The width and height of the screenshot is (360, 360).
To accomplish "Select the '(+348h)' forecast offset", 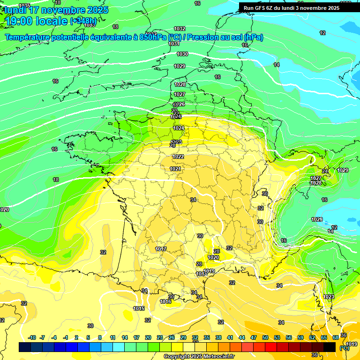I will [83, 22].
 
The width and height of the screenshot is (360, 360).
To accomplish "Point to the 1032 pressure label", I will [180, 29].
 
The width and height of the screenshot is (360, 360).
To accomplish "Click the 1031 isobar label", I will [174, 44].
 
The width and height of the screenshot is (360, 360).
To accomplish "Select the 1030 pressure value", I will [182, 54].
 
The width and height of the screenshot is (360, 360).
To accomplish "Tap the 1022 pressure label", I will [178, 157].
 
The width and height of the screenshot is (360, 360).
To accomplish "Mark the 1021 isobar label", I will [175, 169].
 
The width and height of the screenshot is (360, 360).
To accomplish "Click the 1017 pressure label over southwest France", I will [161, 249].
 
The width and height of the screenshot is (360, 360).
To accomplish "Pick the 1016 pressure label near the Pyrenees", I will [165, 302].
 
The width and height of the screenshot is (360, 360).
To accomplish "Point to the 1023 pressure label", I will [329, 297].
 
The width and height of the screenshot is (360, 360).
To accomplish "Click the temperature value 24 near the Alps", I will [325, 171].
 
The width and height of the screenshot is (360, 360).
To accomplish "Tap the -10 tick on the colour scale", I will [32, 337].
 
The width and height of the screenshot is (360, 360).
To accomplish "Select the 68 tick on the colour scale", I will [336, 337].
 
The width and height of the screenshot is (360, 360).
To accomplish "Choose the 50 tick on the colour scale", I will [265, 337].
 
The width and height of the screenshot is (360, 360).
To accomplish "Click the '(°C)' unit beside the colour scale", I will [344, 348].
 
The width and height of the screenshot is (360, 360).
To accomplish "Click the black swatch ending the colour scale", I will [330, 347].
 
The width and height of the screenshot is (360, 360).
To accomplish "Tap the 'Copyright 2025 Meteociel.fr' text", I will [199, 356].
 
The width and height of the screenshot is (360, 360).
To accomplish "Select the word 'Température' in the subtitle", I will [28, 37].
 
